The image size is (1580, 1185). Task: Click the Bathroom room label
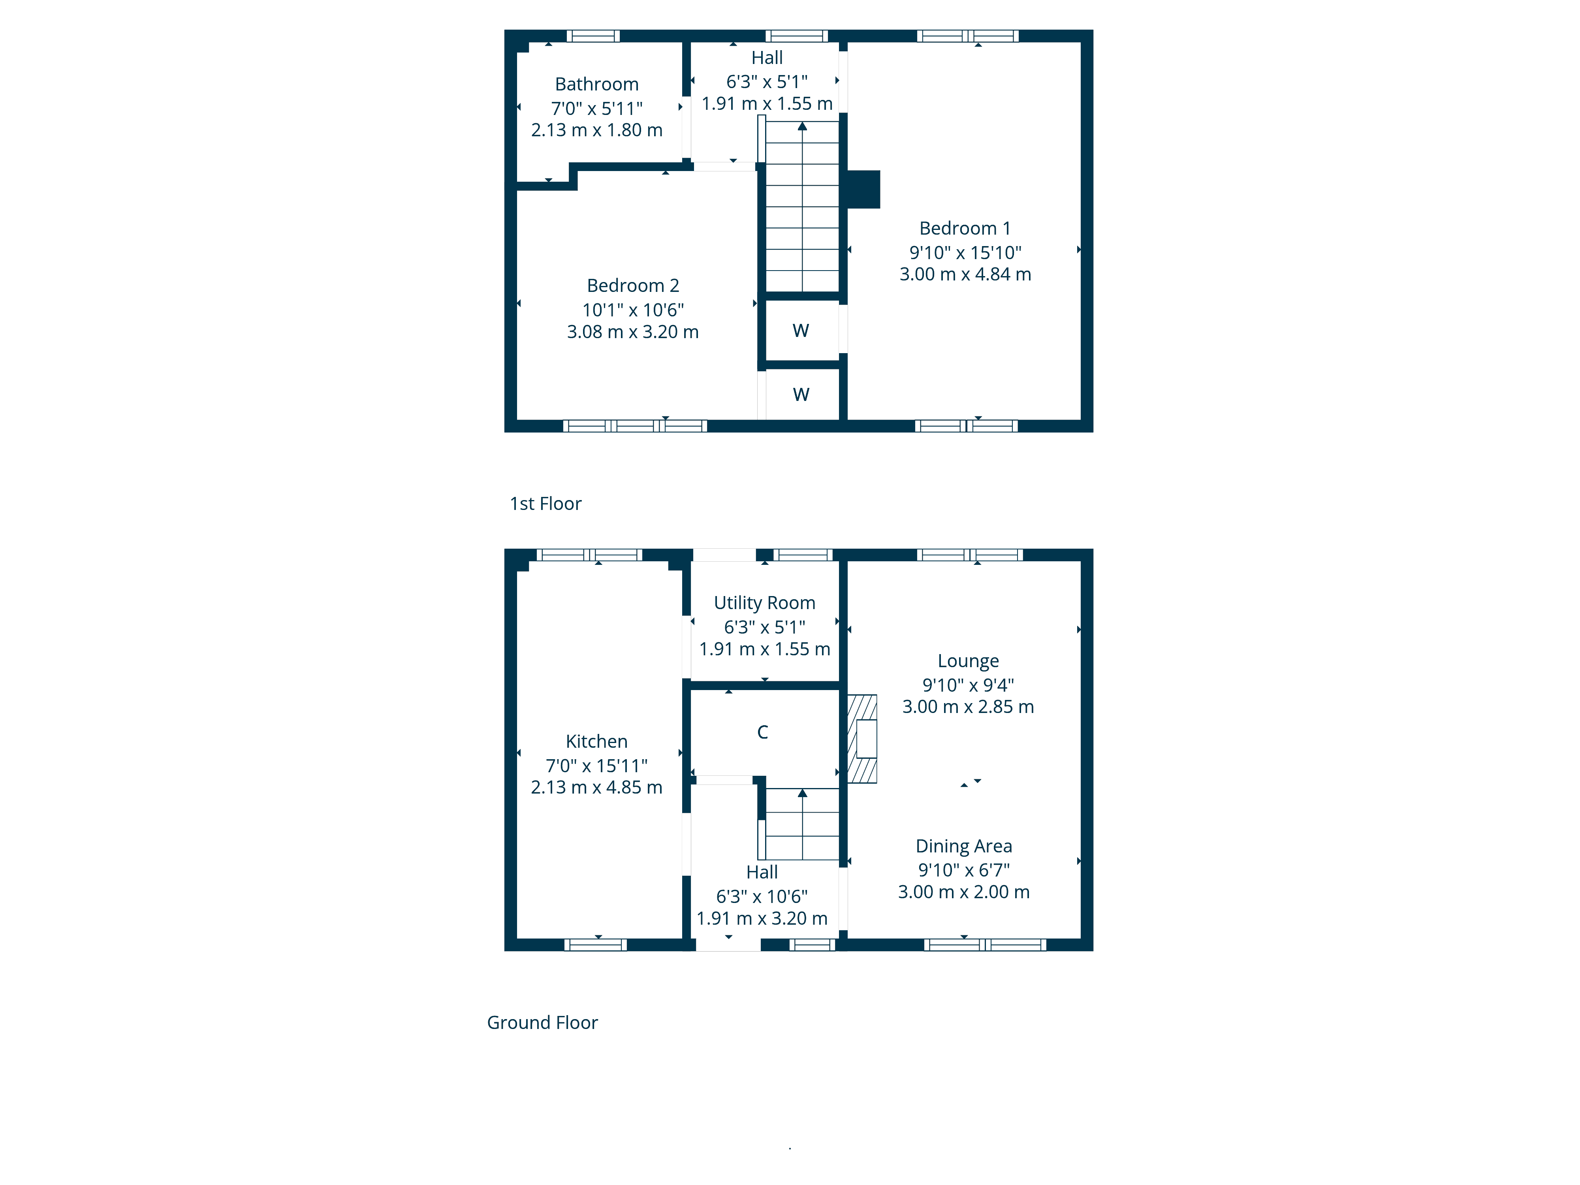pos(596,84)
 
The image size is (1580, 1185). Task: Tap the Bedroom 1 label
pos(965,229)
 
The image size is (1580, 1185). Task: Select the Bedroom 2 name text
pos(633,286)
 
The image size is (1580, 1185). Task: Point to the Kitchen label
pos(596,741)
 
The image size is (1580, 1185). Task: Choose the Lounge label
pos(968,662)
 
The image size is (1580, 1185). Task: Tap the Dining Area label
pos(963,846)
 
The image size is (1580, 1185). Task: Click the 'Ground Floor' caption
pos(542,1023)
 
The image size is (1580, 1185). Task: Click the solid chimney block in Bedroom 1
pos(863,189)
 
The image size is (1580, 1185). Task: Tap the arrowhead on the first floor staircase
pos(802,126)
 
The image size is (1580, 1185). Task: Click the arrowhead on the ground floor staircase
pos(802,793)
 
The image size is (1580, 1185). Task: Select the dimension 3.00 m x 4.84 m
pos(965,274)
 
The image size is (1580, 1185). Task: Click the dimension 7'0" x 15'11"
pos(596,766)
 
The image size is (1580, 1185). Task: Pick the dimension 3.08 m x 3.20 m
pos(633,332)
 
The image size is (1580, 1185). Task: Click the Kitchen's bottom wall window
pos(596,944)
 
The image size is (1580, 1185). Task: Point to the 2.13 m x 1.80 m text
pos(596,130)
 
